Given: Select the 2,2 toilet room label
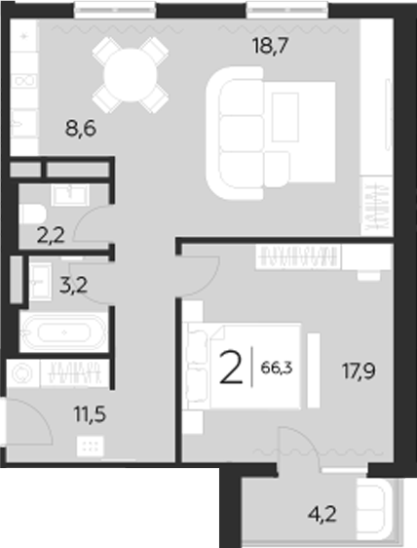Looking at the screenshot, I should (x=52, y=234).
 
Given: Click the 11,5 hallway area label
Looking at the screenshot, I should (x=89, y=412).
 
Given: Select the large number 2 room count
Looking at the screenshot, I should (x=231, y=370).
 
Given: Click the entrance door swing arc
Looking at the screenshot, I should (x=32, y=419).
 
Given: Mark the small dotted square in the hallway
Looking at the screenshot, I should (x=89, y=448).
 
